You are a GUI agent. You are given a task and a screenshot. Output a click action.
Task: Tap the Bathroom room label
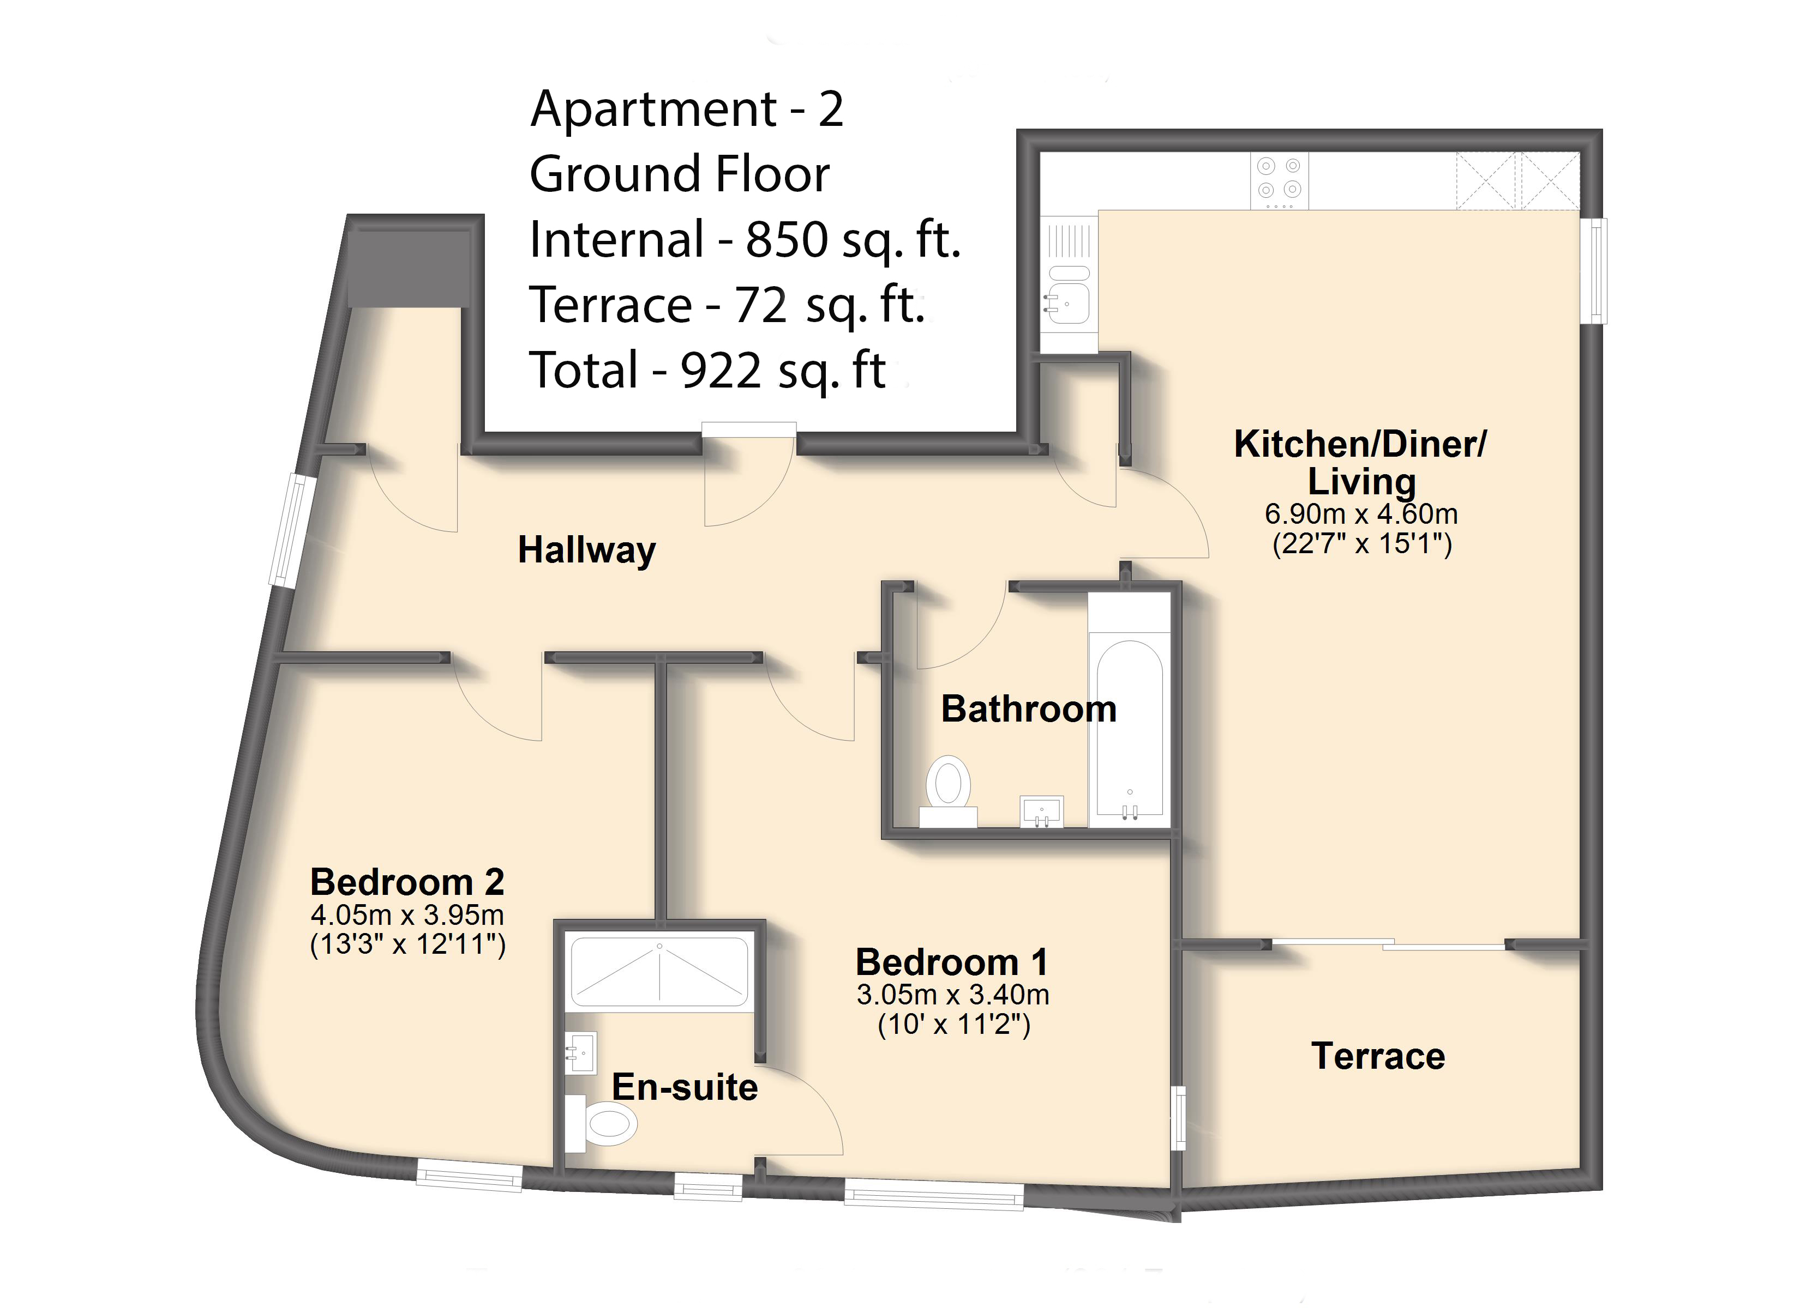pos(1029,708)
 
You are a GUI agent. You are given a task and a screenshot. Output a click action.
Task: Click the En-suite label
pos(684,1087)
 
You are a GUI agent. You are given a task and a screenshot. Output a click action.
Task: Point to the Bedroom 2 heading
pos(407,881)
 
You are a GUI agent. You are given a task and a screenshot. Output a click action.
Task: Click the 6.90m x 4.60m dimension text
pos(1361,514)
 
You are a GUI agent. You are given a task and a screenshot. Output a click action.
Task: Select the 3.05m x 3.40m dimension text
pos(952,994)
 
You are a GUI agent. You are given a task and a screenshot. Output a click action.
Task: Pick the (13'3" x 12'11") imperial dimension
pos(407,944)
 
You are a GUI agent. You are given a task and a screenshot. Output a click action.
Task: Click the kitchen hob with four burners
pos(1280,181)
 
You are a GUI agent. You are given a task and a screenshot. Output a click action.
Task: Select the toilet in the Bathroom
pos(949,791)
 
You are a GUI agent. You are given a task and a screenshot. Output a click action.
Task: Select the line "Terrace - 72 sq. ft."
pos(728,305)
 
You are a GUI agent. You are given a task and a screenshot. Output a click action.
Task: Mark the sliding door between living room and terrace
pos(1389,944)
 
